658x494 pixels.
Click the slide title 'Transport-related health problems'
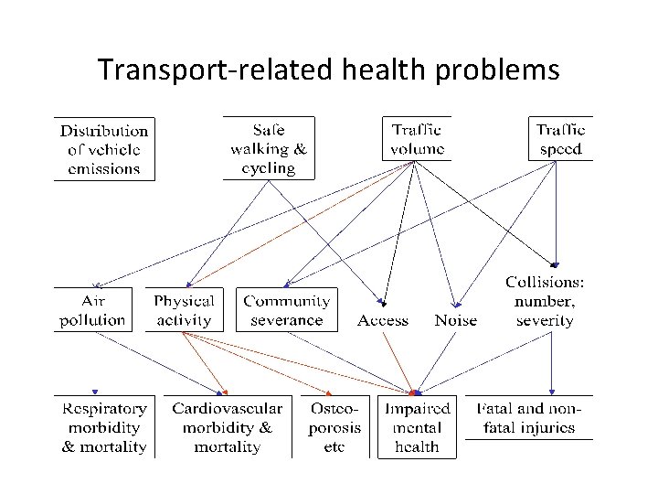pos(328,70)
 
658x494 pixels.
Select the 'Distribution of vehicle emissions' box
pos(103,148)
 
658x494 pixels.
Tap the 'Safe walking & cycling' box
pos(269,147)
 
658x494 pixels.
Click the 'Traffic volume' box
pos(417,138)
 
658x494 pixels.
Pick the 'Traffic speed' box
pos(561,138)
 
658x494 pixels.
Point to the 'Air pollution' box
pos(92,309)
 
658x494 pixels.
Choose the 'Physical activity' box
pos(184,309)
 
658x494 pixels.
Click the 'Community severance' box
pos(286,309)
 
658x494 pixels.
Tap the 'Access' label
pos(383,320)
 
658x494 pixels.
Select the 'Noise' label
pos(455,320)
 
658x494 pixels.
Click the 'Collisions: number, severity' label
pos(546,301)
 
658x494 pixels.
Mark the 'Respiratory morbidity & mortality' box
pos(103,427)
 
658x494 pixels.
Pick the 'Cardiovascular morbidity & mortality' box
pos(227,427)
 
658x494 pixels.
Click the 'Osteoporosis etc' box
pos(334,427)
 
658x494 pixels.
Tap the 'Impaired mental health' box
pos(417,427)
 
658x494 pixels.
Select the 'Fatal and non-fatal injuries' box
pos(529,418)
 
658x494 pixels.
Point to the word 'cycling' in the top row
pos(269,168)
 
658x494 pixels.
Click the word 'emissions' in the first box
pos(103,168)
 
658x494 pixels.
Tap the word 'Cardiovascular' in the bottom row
pos(227,408)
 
